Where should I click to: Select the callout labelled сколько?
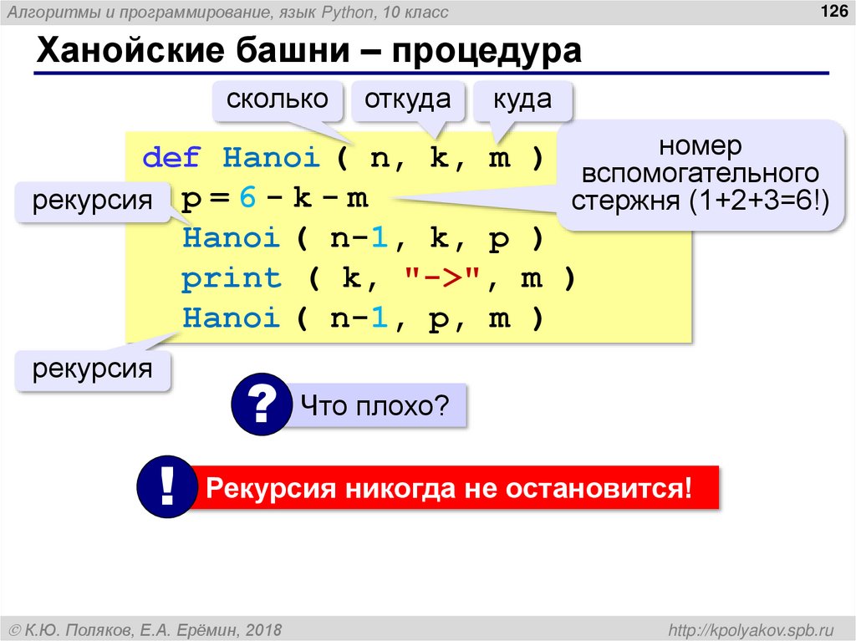277,99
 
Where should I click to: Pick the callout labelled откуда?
408,99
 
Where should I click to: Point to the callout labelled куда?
522,99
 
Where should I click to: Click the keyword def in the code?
172,157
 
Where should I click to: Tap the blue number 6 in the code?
246,198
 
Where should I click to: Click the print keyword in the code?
232,278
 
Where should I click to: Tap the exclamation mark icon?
167,486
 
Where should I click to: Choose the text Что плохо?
375,407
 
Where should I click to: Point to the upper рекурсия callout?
93,201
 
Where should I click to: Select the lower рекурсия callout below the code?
93,369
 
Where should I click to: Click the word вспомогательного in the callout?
700,174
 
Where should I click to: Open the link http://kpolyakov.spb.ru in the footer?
746,628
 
